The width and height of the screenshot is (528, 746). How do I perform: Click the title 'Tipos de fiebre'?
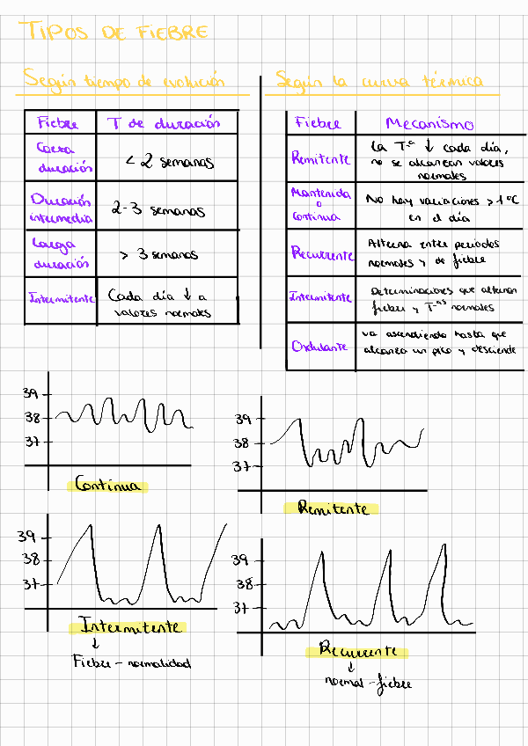click(x=114, y=33)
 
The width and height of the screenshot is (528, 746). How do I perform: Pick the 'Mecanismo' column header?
click(x=429, y=124)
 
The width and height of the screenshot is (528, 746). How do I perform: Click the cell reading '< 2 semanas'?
click(x=169, y=162)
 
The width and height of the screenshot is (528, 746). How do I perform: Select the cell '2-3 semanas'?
click(x=158, y=210)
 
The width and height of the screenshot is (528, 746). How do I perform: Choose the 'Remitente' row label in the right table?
click(x=320, y=159)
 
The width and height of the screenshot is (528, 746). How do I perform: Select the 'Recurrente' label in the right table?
click(x=322, y=253)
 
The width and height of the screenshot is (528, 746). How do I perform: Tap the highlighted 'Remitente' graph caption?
click(x=332, y=508)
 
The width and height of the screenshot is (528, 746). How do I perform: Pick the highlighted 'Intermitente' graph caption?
click(x=130, y=626)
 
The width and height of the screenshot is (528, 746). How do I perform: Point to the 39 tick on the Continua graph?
click(x=31, y=395)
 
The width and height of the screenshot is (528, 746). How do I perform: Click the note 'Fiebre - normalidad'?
click(x=131, y=662)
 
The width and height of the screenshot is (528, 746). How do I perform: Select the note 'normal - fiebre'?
click(x=367, y=683)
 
